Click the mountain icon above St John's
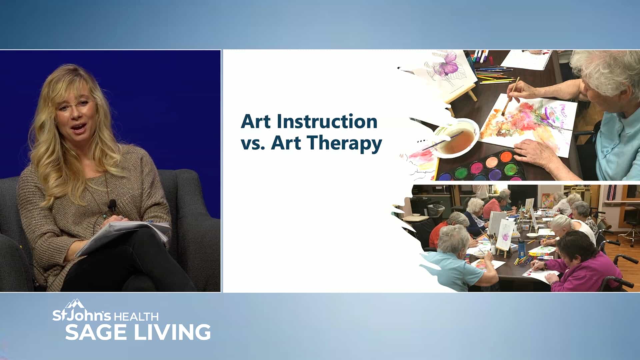(x=74, y=304)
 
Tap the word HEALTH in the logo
(x=136, y=317)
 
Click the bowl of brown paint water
(x=455, y=137)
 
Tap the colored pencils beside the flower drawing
(x=495, y=75)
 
